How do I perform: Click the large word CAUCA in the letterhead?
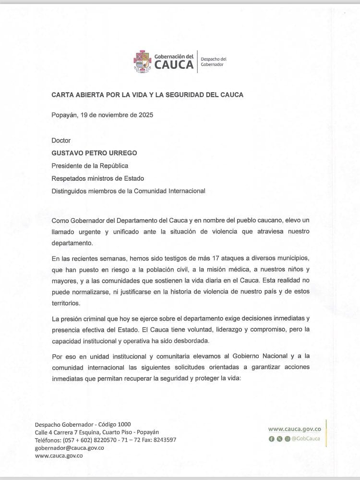pos(174,65)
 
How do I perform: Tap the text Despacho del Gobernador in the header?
pos(213,62)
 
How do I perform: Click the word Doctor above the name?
pos(61,140)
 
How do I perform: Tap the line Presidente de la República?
pos(90,166)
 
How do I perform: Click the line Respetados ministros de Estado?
pos(99,178)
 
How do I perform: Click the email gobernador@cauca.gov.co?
pos(70,447)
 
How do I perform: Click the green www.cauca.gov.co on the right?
pos(297,429)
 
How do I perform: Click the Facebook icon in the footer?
pos(272,439)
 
